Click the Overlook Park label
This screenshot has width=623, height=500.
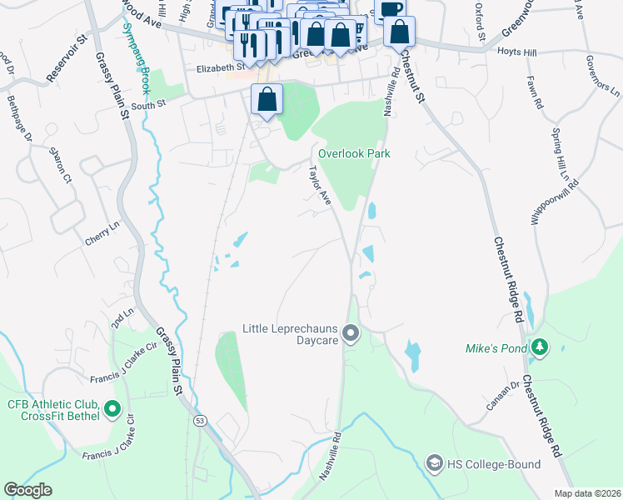point(354,154)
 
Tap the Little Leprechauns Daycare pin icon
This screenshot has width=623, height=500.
point(351,335)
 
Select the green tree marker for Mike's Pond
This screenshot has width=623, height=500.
point(540,346)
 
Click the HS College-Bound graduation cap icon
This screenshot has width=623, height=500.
point(433,463)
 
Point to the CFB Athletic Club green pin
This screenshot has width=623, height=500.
point(112,410)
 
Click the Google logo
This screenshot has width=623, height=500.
point(27,490)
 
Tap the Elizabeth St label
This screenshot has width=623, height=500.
point(217,67)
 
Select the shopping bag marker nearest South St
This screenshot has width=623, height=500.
point(267,99)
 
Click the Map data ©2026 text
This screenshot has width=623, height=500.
point(587,493)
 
